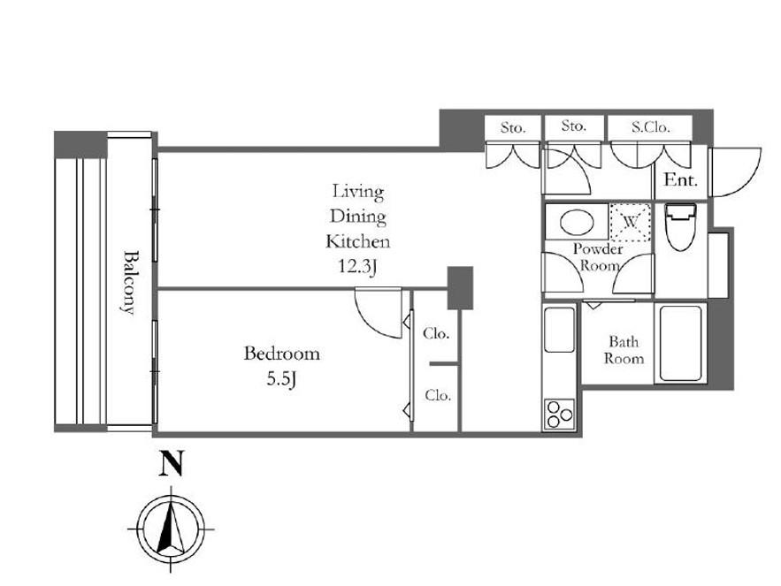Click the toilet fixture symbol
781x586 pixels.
pos(680,226)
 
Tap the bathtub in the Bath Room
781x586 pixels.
pos(681,343)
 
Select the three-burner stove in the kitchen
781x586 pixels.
pos(559,415)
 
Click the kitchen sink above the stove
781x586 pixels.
pos(559,330)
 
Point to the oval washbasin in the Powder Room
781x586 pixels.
pos(577,222)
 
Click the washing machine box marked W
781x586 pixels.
pos(631,222)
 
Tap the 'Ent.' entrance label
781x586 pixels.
pos(681,179)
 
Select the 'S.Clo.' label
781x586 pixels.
pos(650,127)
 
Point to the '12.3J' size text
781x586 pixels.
pos(357,267)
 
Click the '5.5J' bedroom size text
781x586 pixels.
pos(282,380)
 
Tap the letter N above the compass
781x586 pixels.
pos(171,463)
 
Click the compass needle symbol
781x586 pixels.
pos(171,529)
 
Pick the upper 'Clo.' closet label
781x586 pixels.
pos(436,333)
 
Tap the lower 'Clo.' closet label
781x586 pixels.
pos(438,396)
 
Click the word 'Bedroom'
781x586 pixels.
pos(281,354)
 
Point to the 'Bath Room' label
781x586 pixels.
pos(624,350)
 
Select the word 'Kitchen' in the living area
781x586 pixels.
pos(357,242)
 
